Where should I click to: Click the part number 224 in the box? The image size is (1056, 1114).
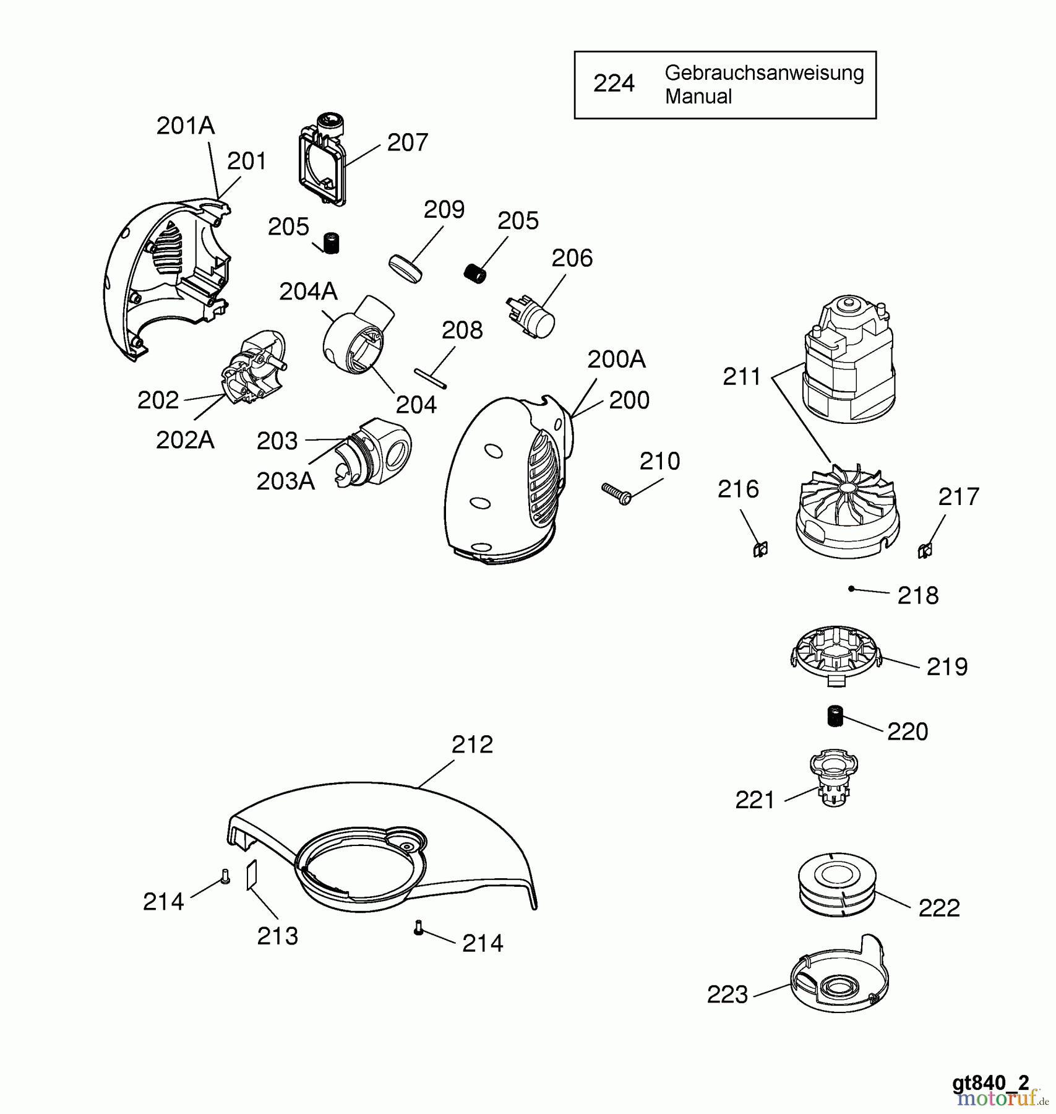[614, 84]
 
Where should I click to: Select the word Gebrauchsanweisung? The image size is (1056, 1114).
[764, 73]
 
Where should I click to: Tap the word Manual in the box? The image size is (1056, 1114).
[698, 97]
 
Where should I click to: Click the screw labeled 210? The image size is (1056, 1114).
[616, 493]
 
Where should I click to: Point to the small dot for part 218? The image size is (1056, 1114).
[851, 589]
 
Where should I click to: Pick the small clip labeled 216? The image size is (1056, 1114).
[760, 548]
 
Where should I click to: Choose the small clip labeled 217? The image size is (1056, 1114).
[925, 550]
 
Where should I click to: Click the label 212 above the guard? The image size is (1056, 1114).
[472, 745]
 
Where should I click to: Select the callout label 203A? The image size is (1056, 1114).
[285, 481]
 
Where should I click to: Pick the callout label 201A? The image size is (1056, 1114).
[185, 126]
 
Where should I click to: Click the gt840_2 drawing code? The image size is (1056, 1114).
[990, 1082]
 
